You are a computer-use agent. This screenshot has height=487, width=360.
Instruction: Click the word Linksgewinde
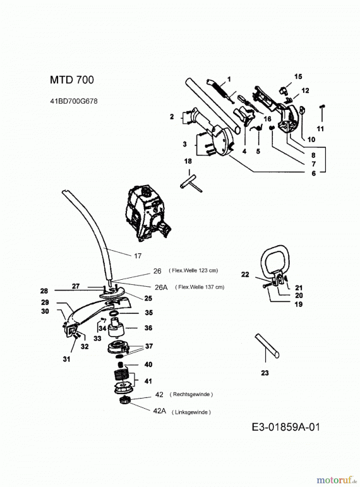pos(191,412)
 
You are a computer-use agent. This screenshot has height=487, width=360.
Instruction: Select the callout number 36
pos(148,328)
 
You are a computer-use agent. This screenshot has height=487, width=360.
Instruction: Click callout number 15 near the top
pos(299,76)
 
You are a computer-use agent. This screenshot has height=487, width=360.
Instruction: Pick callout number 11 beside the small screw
pos(320,128)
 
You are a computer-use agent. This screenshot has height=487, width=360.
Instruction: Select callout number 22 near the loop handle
pos(245,274)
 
